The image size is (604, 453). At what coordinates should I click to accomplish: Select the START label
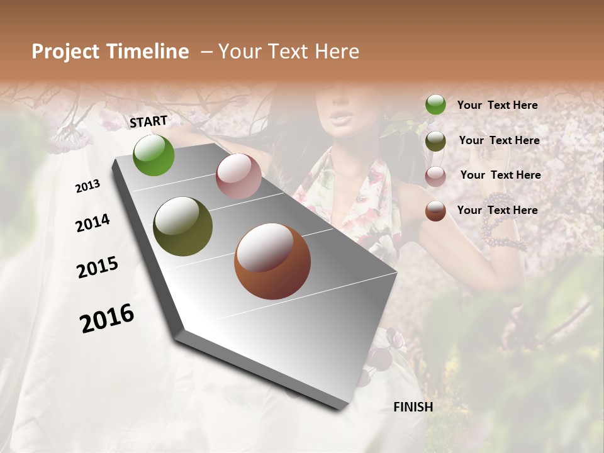coord(148,121)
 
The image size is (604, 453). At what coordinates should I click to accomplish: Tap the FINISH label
coord(413,407)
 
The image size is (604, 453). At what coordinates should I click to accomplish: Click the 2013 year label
coord(87,186)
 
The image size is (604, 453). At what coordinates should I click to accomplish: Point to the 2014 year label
coord(92,223)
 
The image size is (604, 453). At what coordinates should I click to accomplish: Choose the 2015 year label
coord(98,267)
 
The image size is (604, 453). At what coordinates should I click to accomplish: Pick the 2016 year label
coord(107,318)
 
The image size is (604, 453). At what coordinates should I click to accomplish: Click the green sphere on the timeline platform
coord(154,155)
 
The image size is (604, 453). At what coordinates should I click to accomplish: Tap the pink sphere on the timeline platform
coord(238,176)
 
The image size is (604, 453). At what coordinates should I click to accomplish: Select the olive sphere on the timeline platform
coord(182,226)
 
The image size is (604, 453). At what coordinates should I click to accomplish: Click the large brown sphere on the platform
coord(272,261)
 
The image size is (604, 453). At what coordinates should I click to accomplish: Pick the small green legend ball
coord(435,105)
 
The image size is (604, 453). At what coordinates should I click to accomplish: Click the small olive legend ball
coord(435,140)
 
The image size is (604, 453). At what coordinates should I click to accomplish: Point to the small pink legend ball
coord(435,176)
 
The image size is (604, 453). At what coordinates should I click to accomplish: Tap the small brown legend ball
coord(435,211)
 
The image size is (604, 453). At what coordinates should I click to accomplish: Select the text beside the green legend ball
coord(497,106)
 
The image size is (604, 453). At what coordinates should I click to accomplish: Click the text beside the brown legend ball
coord(497,210)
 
